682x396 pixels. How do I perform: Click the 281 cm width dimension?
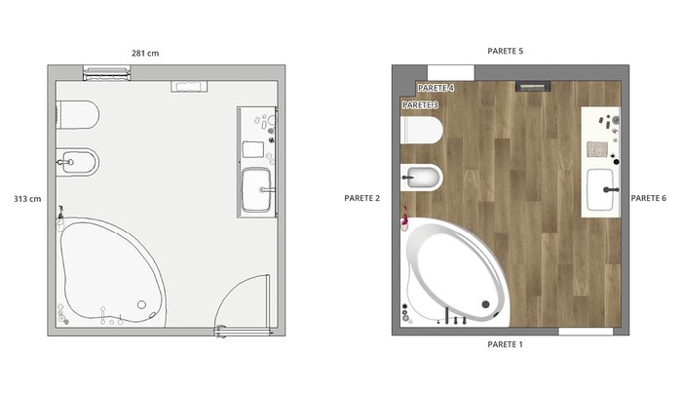coord(145,53)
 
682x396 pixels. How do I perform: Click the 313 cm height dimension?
coord(27,199)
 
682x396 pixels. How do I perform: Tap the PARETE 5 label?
coord(505,51)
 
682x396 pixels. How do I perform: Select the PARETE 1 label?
coord(505,344)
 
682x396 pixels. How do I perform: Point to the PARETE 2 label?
coord(361,198)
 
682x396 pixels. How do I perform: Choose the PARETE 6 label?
coord(649,198)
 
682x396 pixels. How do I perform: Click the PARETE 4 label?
coord(436,88)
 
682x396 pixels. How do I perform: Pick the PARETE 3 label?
coord(420,105)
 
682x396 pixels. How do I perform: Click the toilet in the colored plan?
coord(422,130)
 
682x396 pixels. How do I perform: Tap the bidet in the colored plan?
coord(422,178)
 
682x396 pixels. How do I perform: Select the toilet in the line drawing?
coord(78,115)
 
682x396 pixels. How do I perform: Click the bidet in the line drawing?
coord(78,162)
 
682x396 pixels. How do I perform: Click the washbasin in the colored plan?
coord(601,189)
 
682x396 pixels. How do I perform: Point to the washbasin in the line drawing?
coord(256,190)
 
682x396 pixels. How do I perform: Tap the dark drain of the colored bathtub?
coord(485,304)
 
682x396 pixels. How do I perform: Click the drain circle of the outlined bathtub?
coord(141,304)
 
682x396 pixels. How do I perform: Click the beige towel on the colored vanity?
coord(597,149)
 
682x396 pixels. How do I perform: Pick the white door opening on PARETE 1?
coord(586,332)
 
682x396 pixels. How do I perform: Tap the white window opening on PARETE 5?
coord(450,73)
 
